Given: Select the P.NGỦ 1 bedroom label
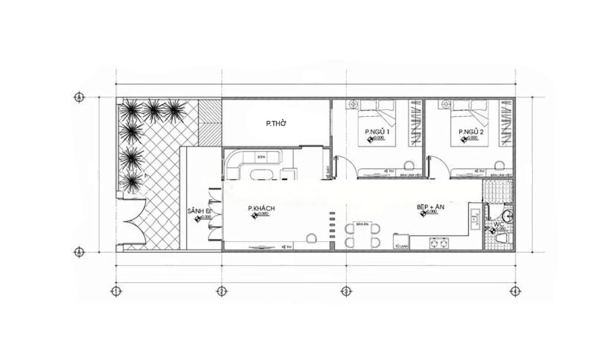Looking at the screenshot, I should pos(377,132).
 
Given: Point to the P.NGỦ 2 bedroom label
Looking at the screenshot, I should pos(471,132).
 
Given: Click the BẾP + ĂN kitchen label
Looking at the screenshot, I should pos(433,206).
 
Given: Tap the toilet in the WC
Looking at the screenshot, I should pos(500,236).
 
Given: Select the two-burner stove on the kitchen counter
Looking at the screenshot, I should pos(438,243).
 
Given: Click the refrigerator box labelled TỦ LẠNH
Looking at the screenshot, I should pos(399,241).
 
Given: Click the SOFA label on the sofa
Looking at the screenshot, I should pos(260,157).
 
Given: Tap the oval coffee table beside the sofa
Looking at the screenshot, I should pos(260,174).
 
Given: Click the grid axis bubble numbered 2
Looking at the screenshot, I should pos(221,290).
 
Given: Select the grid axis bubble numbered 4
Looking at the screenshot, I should pos(514,290).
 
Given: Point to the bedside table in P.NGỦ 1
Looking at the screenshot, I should pos(353,104).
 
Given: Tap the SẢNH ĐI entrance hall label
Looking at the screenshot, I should pos(198,212).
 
